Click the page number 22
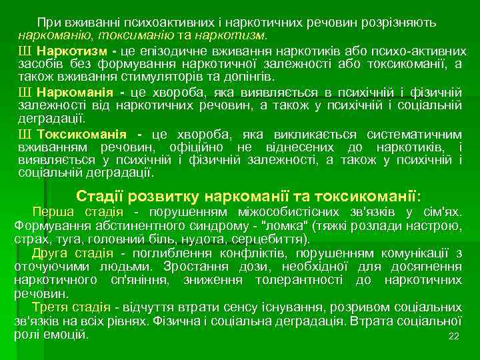pos(455,336)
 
